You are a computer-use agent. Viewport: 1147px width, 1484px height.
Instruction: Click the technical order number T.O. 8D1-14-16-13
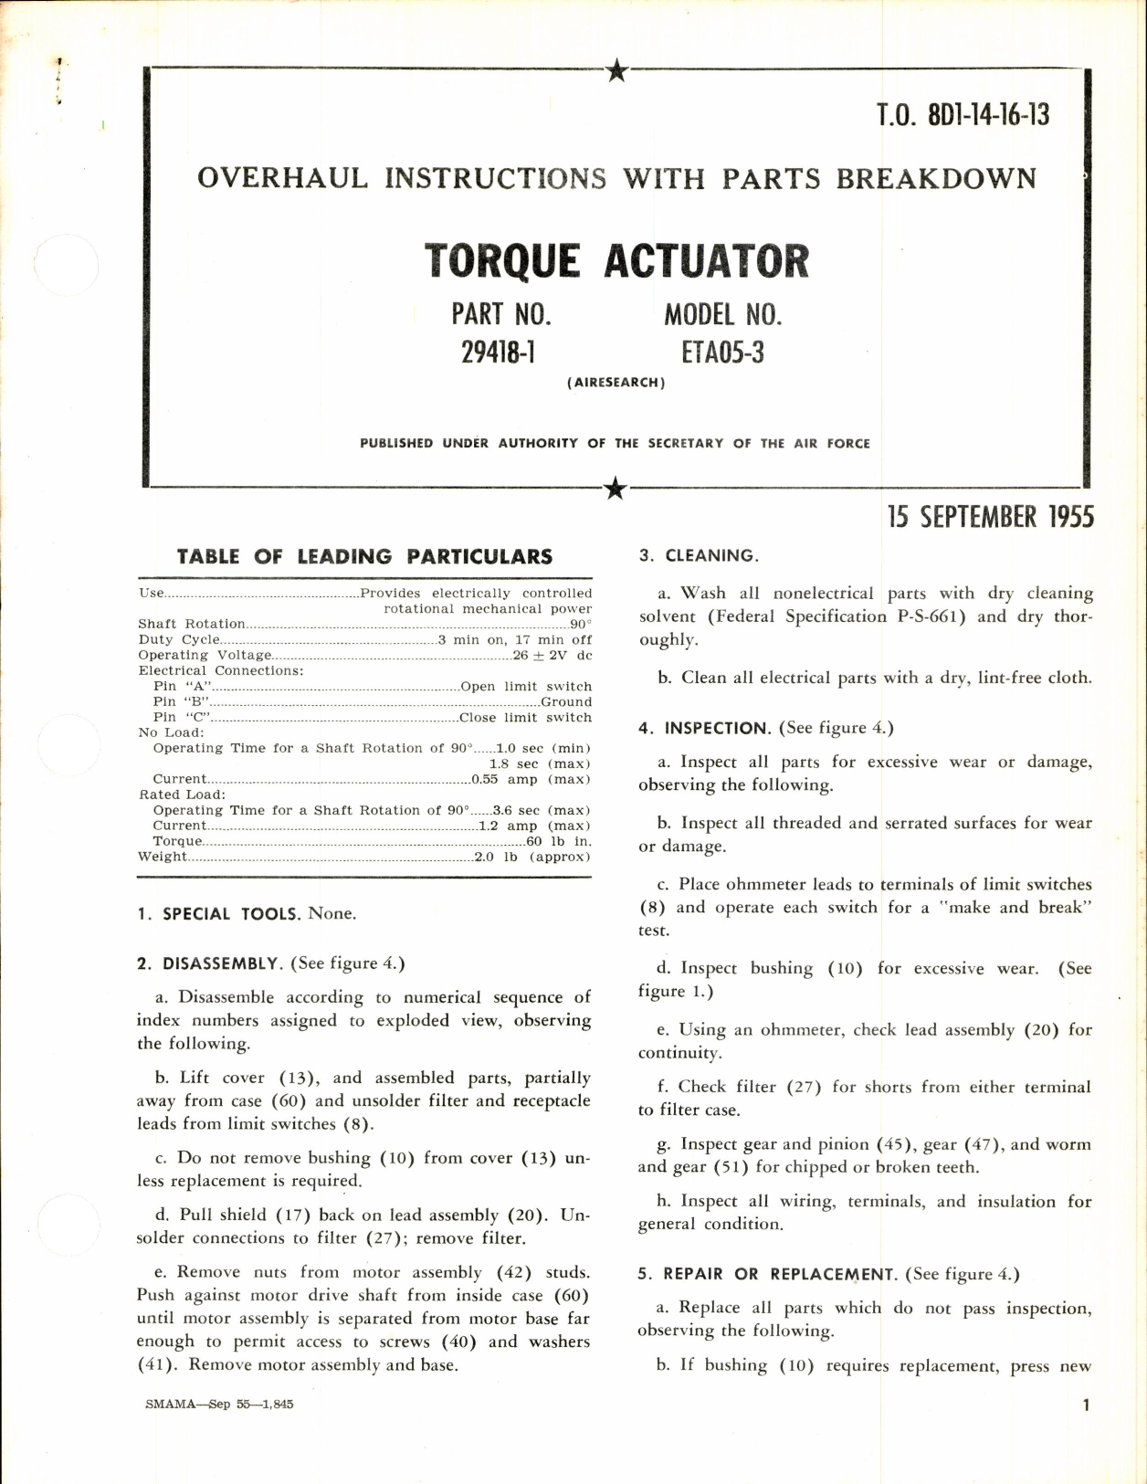(x=963, y=116)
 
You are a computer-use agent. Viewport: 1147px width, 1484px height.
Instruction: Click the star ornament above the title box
(x=617, y=70)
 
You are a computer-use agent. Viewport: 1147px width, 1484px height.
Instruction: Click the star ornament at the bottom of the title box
(x=616, y=489)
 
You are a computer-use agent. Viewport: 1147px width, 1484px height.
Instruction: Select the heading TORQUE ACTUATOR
(x=616, y=261)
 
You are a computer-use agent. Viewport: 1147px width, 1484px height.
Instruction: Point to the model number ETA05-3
(x=722, y=353)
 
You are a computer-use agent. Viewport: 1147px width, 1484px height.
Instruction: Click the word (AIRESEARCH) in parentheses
(x=616, y=383)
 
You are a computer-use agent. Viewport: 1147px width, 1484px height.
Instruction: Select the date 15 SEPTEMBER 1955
(x=990, y=517)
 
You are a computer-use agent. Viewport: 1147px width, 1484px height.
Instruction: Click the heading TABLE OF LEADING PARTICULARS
(x=364, y=556)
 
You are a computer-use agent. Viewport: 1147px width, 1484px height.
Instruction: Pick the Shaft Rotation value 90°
(x=581, y=625)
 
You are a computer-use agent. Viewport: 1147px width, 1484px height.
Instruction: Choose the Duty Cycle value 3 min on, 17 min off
(x=514, y=640)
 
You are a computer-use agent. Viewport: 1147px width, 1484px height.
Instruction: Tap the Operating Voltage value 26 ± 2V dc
(x=552, y=656)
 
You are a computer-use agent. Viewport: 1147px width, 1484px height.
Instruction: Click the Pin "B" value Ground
(x=566, y=702)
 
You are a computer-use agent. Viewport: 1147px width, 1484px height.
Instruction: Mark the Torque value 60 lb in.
(x=559, y=841)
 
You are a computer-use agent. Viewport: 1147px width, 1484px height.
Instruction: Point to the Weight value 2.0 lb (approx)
(x=532, y=857)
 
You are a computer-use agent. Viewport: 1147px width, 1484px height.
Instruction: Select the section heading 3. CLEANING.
(x=699, y=556)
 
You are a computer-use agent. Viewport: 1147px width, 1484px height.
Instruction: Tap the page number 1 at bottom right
(x=1086, y=1405)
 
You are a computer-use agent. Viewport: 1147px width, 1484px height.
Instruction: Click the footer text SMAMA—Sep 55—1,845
(x=219, y=1405)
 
